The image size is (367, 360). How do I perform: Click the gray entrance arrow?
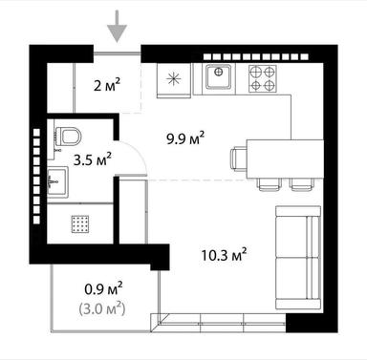[117, 26]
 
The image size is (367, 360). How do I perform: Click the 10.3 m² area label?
[225, 255]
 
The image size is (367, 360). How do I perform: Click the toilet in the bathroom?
[66, 137]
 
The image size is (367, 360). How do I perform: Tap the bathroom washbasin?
[56, 179]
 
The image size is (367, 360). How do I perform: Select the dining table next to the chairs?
[276, 157]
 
